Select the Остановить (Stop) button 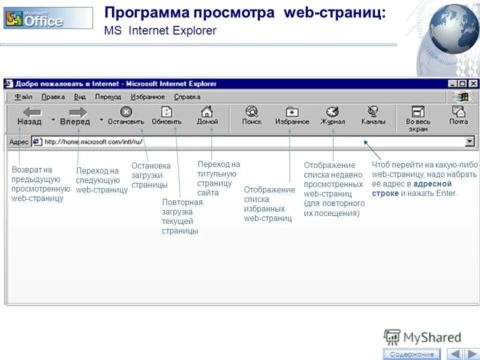tap(126, 115)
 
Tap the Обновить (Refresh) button tap(166, 115)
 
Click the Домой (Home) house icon tap(206, 111)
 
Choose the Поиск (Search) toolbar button tap(251, 115)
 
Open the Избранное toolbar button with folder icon tap(292, 115)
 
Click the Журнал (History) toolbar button tap(332, 115)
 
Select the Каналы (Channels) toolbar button tap(373, 115)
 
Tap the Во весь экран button tap(417, 118)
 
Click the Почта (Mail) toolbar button tap(458, 115)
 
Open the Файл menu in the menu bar tap(23, 97)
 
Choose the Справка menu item tap(187, 97)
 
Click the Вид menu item tap(80, 97)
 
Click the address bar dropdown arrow tap(469, 142)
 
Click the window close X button tap(473, 84)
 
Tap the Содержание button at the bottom tap(412, 354)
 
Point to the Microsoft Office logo tap(48, 18)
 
